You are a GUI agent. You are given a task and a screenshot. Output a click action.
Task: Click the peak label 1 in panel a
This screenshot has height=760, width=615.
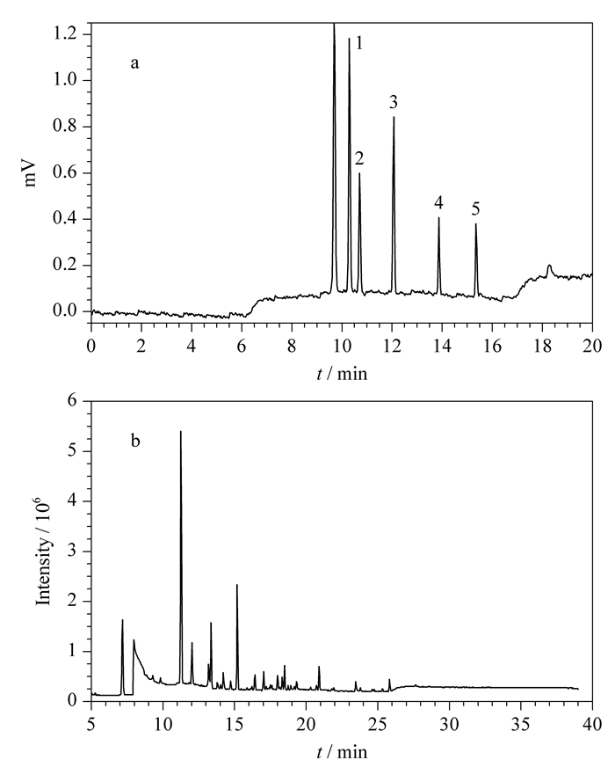point(358,44)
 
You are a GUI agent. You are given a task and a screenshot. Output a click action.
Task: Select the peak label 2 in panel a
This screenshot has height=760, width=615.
point(358,158)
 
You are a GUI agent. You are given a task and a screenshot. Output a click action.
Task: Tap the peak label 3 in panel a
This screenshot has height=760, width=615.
point(394,102)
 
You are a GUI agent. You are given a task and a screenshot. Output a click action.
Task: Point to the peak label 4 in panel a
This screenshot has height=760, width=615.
point(438,202)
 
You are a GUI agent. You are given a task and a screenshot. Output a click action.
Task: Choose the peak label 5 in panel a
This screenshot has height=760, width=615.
point(475,208)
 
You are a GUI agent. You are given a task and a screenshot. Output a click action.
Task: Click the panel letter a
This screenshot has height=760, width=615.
point(134,63)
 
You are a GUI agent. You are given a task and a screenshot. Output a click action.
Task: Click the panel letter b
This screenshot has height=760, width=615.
point(135,441)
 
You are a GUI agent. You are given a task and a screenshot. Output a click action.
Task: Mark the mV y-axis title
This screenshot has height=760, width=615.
point(31,172)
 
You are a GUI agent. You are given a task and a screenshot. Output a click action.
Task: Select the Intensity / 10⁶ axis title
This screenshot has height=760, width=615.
point(44,553)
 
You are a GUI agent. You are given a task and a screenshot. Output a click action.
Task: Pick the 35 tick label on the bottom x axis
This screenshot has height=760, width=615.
point(521,724)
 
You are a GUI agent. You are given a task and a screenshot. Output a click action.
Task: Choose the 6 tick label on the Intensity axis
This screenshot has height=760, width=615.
point(72,401)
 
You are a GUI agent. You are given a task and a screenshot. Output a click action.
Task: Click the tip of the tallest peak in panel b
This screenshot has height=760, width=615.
point(181,431)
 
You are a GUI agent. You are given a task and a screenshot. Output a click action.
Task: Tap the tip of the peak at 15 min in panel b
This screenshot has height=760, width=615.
point(237,585)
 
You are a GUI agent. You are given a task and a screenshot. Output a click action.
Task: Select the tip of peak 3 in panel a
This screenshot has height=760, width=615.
point(394,117)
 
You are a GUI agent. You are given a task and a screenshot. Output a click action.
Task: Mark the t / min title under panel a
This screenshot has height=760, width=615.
point(342,374)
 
